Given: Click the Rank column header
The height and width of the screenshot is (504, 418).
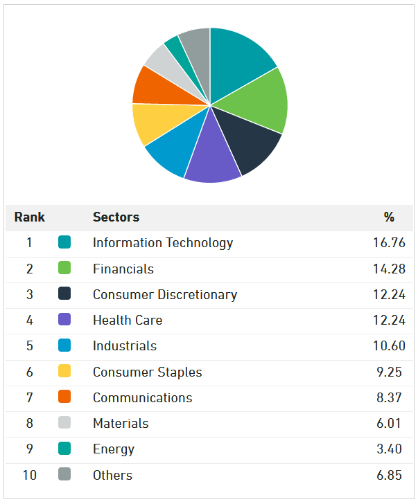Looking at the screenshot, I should click(29, 217).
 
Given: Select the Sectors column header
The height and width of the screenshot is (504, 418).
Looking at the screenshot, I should click(116, 217).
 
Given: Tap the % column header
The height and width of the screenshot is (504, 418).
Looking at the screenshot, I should click(389, 217).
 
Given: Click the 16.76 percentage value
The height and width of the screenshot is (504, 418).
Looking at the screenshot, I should click(389, 243).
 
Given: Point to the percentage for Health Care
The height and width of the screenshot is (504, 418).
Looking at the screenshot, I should click(389, 320).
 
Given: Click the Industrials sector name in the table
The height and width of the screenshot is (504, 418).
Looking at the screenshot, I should click(125, 346).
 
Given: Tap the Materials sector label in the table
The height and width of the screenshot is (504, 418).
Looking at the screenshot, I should click(121, 423).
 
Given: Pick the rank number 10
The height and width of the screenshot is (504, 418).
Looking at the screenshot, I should click(29, 475).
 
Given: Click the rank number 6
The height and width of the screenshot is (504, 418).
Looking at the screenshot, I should click(29, 372).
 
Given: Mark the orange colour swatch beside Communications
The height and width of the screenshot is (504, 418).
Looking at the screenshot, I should click(64, 397).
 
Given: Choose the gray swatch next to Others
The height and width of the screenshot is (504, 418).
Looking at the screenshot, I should click(64, 475).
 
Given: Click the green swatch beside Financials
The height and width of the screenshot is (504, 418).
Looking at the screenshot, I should click(64, 269).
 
